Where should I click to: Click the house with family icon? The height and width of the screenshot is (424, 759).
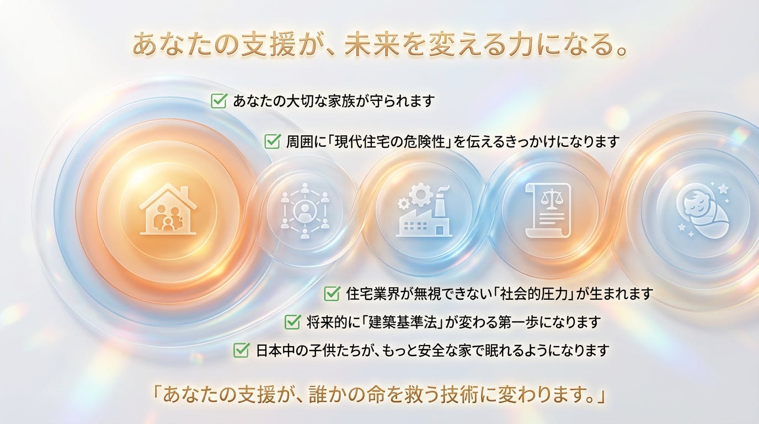click(x=168, y=209)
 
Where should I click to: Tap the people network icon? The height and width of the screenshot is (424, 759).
click(x=304, y=210)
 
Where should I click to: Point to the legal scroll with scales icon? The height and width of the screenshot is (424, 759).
click(x=548, y=210)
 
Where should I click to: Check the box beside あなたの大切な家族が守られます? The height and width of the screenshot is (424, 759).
click(x=218, y=100)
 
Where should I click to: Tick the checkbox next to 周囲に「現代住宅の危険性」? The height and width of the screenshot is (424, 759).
click(x=272, y=141)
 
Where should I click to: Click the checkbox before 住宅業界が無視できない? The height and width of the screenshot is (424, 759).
click(x=332, y=293)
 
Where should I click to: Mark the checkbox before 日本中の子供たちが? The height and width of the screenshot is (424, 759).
click(x=242, y=350)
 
